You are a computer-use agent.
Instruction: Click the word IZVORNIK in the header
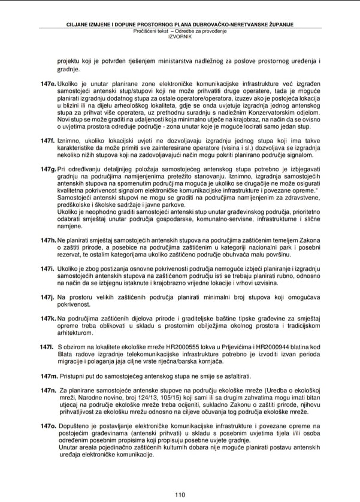pos(180,35)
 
